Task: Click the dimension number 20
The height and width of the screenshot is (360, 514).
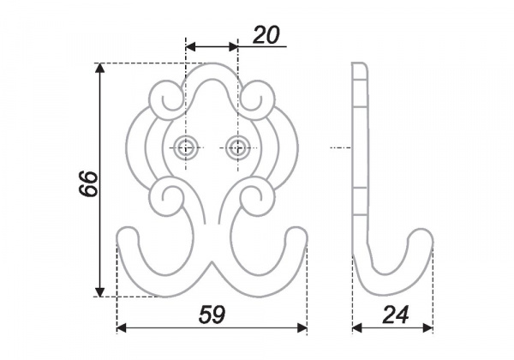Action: [x=266, y=35]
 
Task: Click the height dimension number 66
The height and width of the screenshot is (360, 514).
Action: [x=88, y=183]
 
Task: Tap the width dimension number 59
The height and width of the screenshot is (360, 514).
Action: [x=212, y=315]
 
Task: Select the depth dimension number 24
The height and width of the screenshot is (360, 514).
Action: [x=395, y=315]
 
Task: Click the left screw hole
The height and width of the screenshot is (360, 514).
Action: [x=186, y=148]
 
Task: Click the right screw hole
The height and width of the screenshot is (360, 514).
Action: [x=238, y=148]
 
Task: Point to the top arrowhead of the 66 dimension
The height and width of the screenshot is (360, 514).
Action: [x=100, y=68]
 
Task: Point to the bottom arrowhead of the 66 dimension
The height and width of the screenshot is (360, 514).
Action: [x=100, y=291]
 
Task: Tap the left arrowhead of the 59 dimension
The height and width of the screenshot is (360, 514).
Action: [x=122, y=327]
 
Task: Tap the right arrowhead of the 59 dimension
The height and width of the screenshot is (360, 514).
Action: [x=302, y=327]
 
